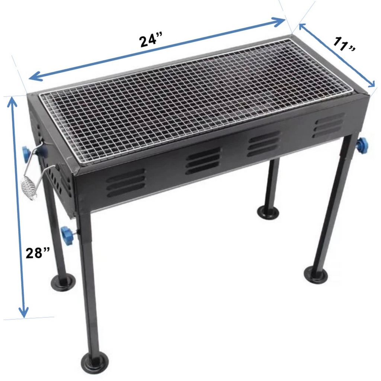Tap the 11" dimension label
[344, 44]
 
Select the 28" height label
[38, 253]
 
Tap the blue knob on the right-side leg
[362, 145]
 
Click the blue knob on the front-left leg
[67, 236]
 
